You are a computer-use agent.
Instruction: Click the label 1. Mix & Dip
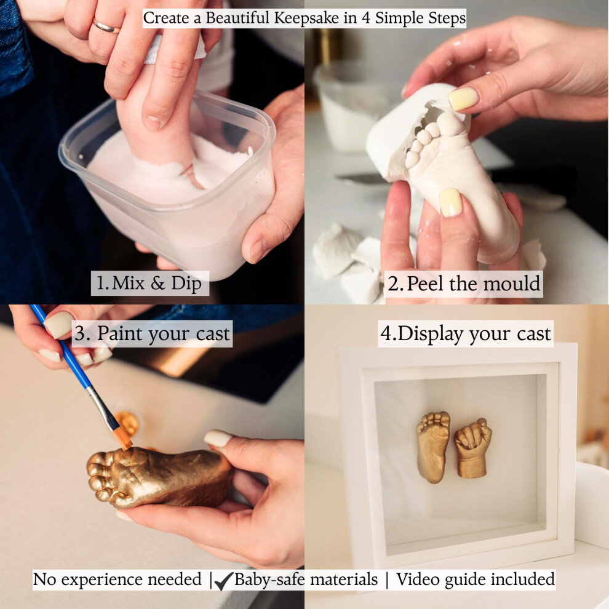[149, 283]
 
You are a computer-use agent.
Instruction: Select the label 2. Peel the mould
[464, 284]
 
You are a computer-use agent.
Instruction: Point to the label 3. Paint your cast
[153, 333]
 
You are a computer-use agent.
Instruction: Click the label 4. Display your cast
[465, 333]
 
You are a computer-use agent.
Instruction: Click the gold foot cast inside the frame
[433, 447]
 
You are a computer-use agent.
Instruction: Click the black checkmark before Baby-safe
[223, 581]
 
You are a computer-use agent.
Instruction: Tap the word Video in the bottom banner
[418, 579]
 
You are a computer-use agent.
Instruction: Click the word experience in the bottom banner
[131, 580]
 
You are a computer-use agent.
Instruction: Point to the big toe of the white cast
[450, 124]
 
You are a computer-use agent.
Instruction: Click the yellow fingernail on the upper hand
[463, 98]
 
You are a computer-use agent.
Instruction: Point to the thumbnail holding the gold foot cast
[218, 438]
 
